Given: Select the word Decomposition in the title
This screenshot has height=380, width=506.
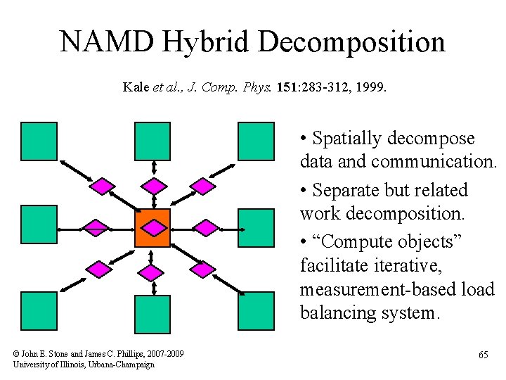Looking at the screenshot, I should click(x=352, y=43).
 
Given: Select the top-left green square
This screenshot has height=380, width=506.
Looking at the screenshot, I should click(x=39, y=141).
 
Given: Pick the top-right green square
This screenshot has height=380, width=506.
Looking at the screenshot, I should click(x=256, y=141).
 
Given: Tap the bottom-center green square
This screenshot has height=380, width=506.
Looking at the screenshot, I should click(x=153, y=314).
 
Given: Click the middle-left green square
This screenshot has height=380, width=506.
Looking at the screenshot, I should click(x=39, y=224).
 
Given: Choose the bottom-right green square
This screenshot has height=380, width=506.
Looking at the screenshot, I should click(x=256, y=310).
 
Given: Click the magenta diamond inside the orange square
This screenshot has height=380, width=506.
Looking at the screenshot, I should click(x=153, y=227).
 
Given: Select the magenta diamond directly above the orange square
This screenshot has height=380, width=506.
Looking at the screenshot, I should click(x=153, y=186).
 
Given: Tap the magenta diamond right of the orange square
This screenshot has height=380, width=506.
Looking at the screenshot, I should click(x=206, y=227).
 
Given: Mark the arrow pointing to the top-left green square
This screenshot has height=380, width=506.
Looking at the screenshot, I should click(x=73, y=169).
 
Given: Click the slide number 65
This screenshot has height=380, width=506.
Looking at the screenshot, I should click(x=483, y=355).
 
